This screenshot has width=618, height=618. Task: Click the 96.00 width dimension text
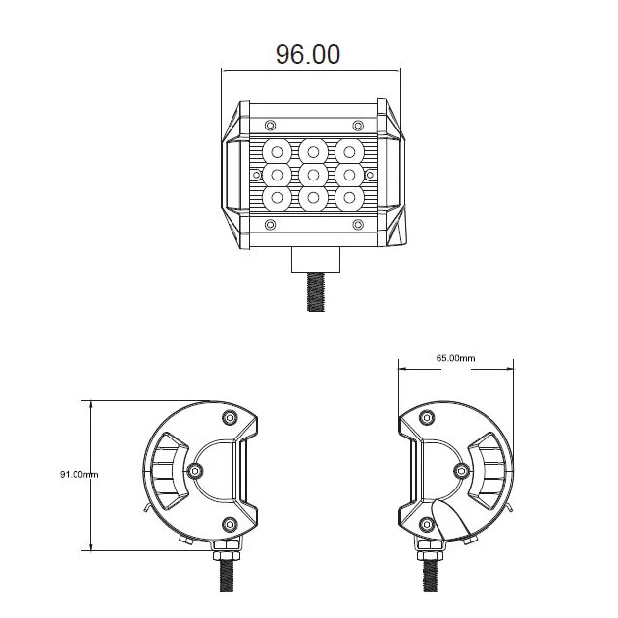(x=307, y=54)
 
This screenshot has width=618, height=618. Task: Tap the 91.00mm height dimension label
(x=78, y=474)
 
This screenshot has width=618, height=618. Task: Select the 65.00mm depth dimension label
(x=455, y=358)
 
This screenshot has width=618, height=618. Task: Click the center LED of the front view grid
(x=313, y=175)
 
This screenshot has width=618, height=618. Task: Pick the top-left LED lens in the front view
(x=277, y=152)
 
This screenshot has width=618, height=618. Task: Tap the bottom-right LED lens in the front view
(x=349, y=197)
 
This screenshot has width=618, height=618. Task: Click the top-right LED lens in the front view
(x=349, y=152)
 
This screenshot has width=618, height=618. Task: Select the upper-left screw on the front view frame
(x=270, y=126)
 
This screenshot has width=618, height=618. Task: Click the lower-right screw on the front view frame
(x=358, y=225)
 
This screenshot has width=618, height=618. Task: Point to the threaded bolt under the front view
(x=315, y=292)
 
